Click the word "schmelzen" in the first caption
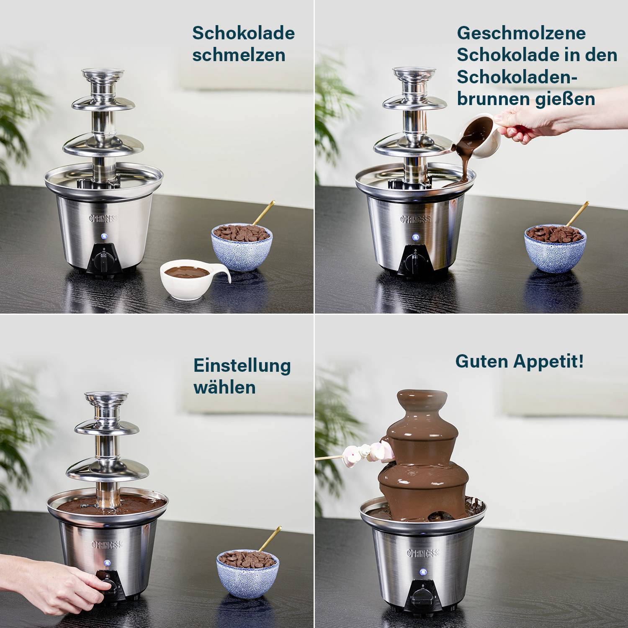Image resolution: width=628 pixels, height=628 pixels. (x=239, y=55)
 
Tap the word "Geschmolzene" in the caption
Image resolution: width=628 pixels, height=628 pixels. (x=521, y=33)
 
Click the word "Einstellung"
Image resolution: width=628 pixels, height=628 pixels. (x=242, y=365)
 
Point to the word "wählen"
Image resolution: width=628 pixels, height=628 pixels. (x=224, y=387)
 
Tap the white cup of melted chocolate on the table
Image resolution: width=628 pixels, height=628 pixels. (x=188, y=278)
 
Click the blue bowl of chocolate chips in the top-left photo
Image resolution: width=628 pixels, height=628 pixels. (x=242, y=247)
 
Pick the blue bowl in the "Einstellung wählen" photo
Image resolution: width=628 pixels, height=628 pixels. (x=247, y=571)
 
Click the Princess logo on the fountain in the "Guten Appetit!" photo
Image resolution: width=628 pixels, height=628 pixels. (x=423, y=553)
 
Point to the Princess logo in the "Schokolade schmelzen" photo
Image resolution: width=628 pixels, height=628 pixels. (x=105, y=219)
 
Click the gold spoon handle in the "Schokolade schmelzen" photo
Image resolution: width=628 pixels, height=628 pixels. (x=264, y=213)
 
